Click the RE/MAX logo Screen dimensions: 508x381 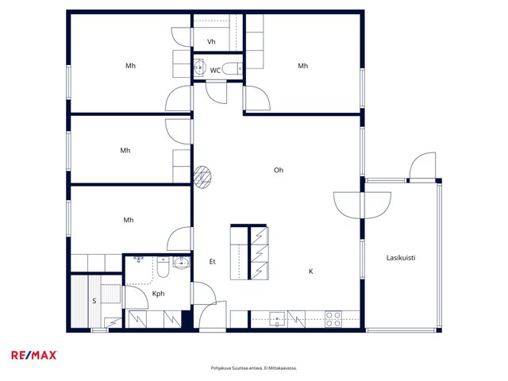(x=34, y=356)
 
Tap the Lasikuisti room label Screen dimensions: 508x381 (x=401, y=258)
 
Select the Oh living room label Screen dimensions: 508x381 (x=279, y=170)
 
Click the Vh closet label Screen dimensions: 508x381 (x=211, y=41)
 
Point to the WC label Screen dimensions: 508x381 (x=215, y=71)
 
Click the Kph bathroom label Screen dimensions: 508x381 (x=158, y=294)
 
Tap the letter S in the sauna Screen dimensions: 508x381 (x=94, y=301)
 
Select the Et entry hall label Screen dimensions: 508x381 (x=212, y=262)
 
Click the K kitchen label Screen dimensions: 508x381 (x=310, y=271)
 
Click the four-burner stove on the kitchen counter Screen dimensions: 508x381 (x=333, y=319)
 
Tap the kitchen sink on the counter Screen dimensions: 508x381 (x=277, y=319)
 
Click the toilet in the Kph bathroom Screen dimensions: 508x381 (x=163, y=267)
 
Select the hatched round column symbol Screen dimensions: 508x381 (x=202, y=177)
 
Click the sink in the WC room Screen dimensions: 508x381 (x=200, y=67)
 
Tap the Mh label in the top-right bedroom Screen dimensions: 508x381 (x=303, y=66)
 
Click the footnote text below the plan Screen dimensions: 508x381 (x=254, y=368)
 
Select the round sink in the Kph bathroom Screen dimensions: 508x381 (x=182, y=263)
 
